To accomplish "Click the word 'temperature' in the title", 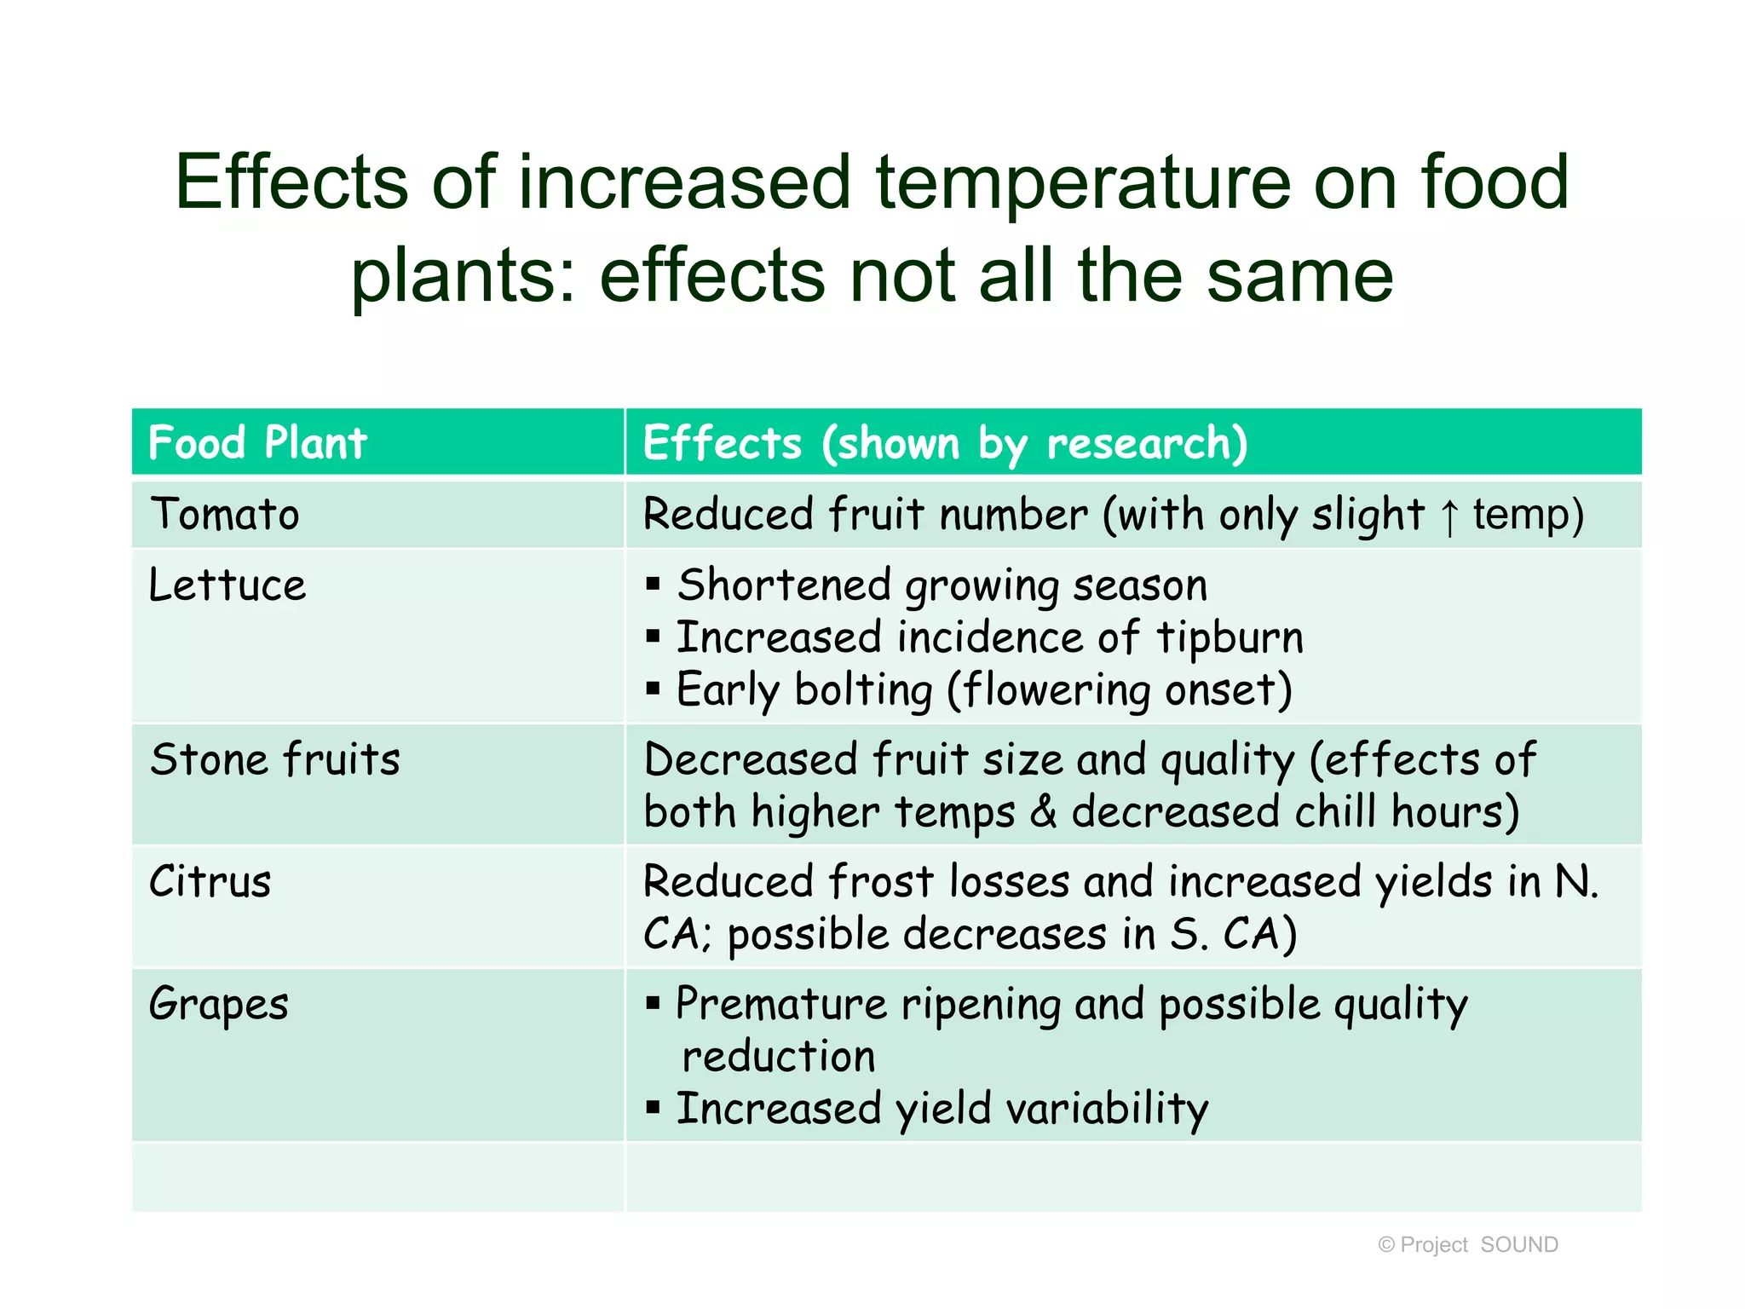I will point(1082,183).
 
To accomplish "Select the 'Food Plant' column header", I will point(257,443).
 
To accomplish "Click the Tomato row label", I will point(225,515).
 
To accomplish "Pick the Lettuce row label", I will point(227,585).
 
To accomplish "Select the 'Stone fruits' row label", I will point(275,759).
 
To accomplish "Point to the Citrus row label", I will point(210,882).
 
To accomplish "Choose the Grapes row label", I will point(219,1004).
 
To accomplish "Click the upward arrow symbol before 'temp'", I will point(1448,517).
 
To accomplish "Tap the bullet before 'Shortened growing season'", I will point(654,584).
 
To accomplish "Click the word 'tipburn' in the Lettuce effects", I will point(1230,638).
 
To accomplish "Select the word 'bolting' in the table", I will point(863,690).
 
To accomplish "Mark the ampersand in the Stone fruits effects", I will point(1043,812).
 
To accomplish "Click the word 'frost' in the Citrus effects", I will point(881,882).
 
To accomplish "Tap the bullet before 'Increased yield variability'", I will point(654,1108).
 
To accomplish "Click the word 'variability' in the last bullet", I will point(1107,1110).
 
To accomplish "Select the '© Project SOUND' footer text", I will point(1468,1245).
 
